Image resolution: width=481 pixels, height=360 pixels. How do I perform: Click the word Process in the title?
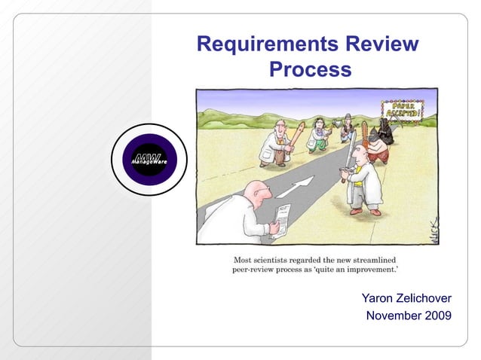[x=310, y=70]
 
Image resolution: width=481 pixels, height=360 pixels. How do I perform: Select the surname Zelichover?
[x=427, y=300]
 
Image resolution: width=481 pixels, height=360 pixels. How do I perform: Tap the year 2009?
[x=437, y=316]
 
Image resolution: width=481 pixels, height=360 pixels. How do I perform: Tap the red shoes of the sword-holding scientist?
[x=365, y=212]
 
